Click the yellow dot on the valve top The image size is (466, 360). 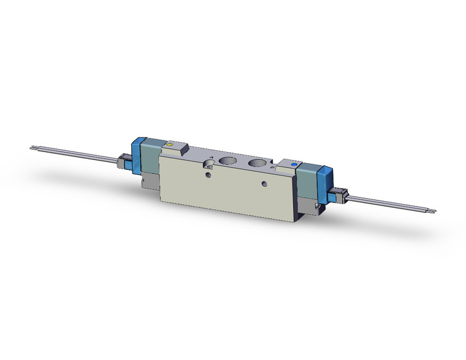[x=169, y=145]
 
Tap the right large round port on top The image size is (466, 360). [x=257, y=166]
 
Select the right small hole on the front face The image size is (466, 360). [x=264, y=184]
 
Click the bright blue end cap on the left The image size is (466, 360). [x=136, y=153]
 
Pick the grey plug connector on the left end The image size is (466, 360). [x=120, y=163]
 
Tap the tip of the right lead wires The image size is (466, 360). [x=434, y=213]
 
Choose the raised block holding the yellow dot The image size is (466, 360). [x=177, y=148]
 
